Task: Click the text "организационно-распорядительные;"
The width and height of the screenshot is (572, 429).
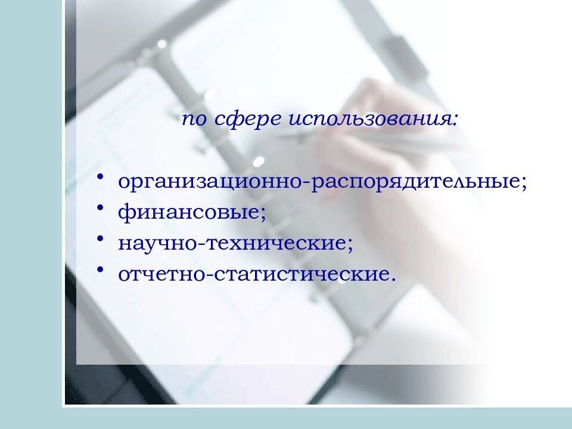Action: [x=322, y=182]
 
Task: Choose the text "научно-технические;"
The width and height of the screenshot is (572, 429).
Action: [x=236, y=244]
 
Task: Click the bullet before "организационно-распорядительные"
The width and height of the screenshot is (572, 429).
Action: [x=102, y=178]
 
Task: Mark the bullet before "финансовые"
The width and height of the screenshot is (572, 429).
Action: [x=102, y=209]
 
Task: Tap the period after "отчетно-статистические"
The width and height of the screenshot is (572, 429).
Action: [x=393, y=279]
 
